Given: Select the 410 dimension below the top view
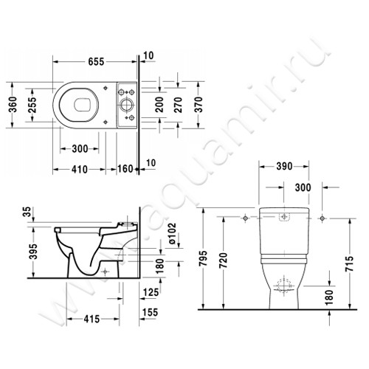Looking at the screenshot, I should pos(80,169).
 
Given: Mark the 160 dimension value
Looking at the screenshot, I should pos(125,169).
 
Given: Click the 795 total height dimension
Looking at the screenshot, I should pos(210,260).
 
